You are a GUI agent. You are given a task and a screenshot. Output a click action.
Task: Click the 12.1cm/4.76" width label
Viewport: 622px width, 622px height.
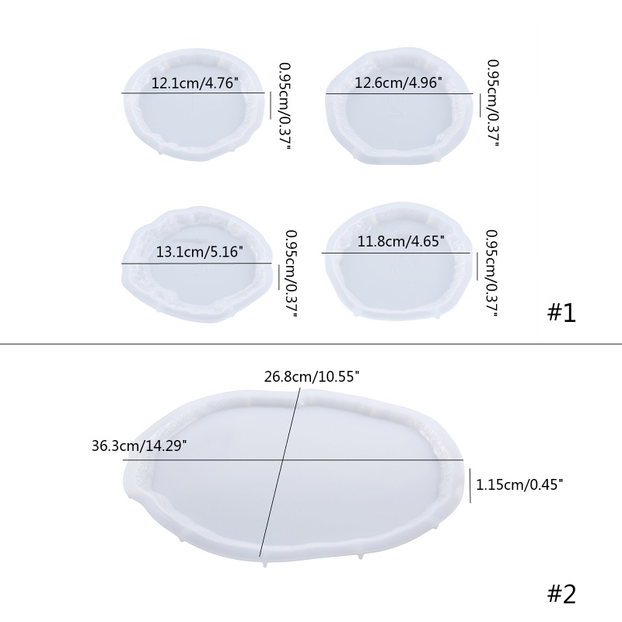tap(195, 83)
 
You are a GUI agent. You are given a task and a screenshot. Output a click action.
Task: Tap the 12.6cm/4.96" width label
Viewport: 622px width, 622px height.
tap(398, 82)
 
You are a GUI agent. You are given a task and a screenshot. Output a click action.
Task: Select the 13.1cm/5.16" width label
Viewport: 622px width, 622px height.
tap(199, 251)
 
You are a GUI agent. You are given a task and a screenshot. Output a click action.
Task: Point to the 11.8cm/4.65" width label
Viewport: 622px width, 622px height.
tap(401, 241)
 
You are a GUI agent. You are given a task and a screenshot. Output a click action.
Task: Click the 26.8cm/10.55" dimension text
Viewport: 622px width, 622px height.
tap(312, 376)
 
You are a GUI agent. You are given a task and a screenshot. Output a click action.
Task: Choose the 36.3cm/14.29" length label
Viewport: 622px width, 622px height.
tap(139, 446)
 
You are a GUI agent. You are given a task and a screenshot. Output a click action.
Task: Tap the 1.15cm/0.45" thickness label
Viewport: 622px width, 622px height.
tap(519, 484)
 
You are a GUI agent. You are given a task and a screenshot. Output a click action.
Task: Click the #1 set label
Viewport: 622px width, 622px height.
tap(561, 313)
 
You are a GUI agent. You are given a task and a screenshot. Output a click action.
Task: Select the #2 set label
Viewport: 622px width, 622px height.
tap(561, 594)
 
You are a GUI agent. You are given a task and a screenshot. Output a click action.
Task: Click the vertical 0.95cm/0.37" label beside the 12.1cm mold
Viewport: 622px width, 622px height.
tap(285, 106)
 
